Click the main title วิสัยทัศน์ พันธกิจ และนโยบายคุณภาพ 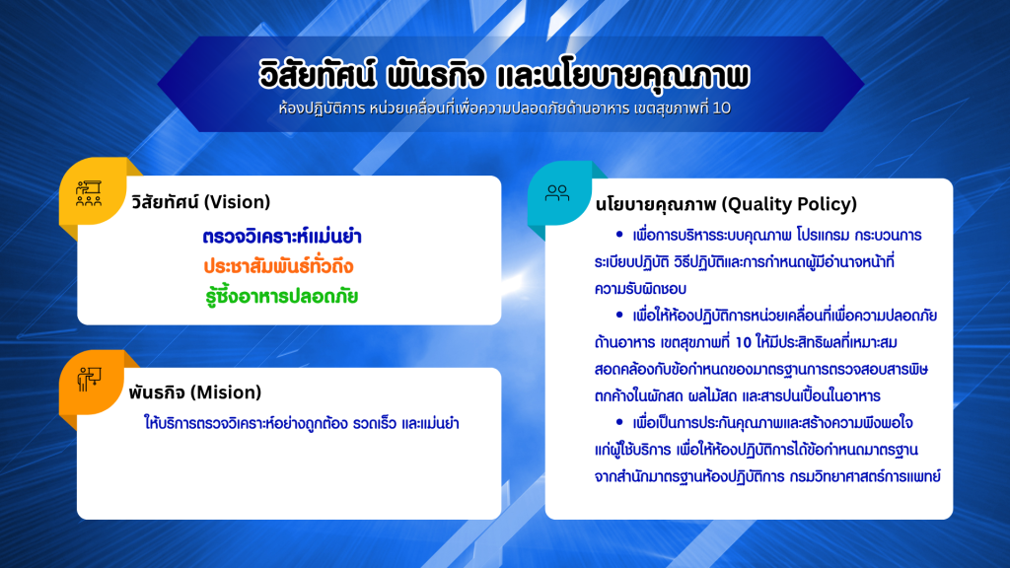[504, 75]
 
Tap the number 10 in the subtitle [722, 108]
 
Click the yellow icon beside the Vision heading [89, 193]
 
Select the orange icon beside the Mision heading [89, 379]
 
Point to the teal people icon [557, 192]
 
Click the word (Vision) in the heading [237, 202]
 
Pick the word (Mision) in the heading [228, 392]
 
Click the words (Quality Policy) [789, 204]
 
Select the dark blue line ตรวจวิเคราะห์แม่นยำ [282, 237]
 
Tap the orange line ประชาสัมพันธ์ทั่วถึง [278, 266]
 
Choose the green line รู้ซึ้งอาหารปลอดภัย [281, 296]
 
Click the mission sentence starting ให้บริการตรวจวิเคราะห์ [302, 423]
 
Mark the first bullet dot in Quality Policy [619, 235]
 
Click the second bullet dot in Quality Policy [619, 315]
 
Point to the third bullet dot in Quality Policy [619, 422]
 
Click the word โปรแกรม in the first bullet [822, 236]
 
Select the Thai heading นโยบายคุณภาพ [655, 204]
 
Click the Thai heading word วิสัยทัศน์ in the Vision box [165, 202]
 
